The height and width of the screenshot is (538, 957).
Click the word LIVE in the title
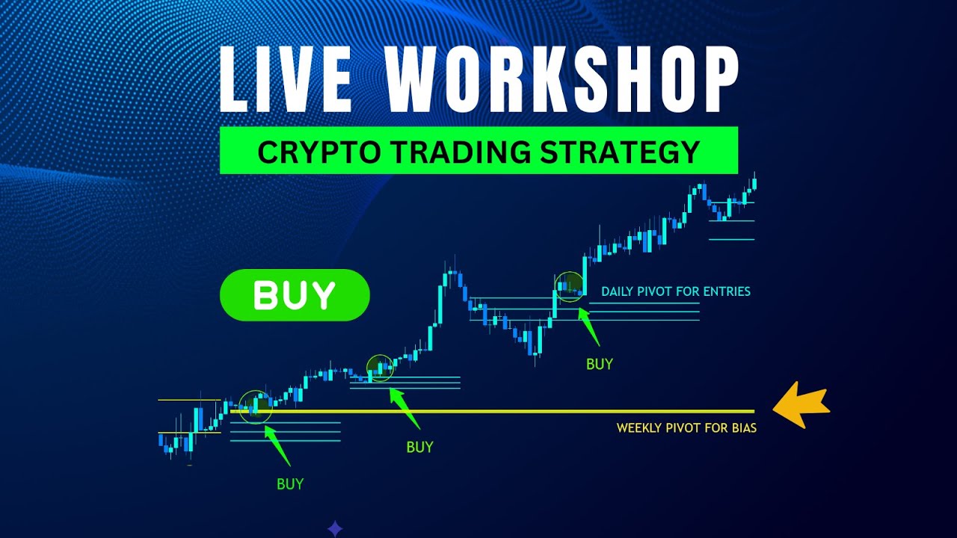(286, 78)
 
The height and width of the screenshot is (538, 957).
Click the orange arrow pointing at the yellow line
(801, 407)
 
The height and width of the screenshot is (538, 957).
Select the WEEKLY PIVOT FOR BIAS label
(686, 428)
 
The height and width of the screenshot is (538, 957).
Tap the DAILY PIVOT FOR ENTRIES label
(675, 291)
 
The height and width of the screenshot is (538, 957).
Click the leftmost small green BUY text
(290, 483)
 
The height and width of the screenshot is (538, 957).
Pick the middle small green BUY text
(419, 447)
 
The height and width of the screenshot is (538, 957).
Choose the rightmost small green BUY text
(599, 364)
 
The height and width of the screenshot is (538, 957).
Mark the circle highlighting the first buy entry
(256, 406)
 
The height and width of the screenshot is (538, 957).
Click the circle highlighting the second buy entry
(380, 368)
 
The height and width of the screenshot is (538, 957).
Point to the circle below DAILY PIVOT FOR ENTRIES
(570, 286)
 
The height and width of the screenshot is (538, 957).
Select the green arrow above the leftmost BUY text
(279, 446)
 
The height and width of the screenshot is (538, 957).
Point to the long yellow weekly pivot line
(523, 411)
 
